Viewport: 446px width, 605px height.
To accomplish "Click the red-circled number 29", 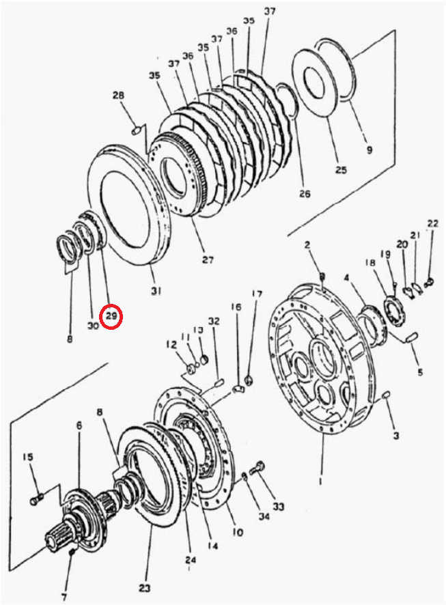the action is click(x=111, y=316).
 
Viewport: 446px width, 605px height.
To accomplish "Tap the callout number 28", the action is click(x=118, y=95).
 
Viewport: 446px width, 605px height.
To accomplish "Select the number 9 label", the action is click(x=370, y=150).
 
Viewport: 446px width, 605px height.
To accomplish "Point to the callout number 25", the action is click(x=341, y=169).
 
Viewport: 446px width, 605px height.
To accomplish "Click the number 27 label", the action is click(x=208, y=259).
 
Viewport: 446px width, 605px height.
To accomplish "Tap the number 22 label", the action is click(x=433, y=223).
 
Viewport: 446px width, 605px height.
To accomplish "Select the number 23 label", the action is click(x=144, y=588).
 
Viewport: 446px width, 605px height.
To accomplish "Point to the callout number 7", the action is click(x=64, y=596).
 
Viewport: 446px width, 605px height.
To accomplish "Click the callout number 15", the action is click(x=28, y=458).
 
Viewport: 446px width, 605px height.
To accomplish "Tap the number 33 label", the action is click(x=278, y=506).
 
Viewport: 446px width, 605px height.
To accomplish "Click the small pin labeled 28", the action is click(x=136, y=131).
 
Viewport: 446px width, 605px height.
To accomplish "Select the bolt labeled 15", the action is click(x=36, y=500).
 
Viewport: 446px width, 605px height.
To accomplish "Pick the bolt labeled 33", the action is click(x=256, y=468).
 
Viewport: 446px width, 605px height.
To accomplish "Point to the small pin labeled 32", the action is click(x=219, y=383).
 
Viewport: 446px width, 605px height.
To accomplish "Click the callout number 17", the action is click(x=257, y=294).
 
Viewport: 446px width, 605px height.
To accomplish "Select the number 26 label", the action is click(x=305, y=193).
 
